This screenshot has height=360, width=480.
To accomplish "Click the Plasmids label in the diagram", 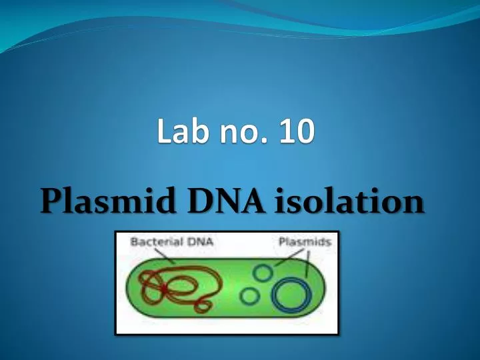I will pos(305,242).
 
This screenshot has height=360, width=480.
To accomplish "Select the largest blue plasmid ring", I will pos(291,295).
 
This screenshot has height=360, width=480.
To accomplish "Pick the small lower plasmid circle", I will pos(250,295).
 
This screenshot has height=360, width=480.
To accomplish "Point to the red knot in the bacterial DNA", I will pos(163,288).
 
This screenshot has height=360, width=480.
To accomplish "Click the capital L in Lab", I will pos(165,131).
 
